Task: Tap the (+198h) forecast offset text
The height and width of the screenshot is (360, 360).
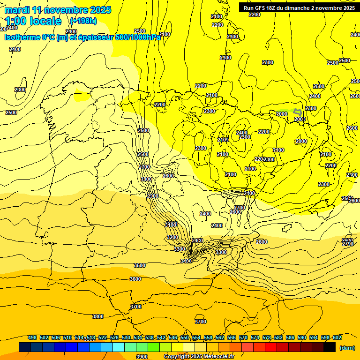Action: [x=83, y=21]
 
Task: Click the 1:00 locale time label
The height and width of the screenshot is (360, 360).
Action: [x=33, y=21]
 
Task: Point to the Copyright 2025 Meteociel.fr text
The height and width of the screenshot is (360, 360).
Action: [x=199, y=356]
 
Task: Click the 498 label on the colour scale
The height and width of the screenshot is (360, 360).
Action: [x=32, y=337]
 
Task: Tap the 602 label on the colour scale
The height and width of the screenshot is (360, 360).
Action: [x=337, y=337]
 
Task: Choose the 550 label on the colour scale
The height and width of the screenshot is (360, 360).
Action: [x=185, y=337]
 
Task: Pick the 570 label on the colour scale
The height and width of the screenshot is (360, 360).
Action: [x=243, y=337]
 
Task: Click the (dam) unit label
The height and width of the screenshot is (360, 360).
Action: [x=346, y=347]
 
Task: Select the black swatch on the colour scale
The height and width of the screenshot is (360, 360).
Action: [x=330, y=347]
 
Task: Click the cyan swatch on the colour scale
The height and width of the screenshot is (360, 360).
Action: [x=119, y=347]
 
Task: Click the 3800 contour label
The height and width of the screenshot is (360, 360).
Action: [x=97, y=316]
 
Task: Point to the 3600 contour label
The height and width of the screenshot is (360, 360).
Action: [x=135, y=279]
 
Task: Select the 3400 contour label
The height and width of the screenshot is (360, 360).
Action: [x=186, y=261]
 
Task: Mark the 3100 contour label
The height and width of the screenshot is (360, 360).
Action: [x=171, y=225]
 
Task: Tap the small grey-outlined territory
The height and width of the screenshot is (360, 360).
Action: [x=297, y=112]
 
